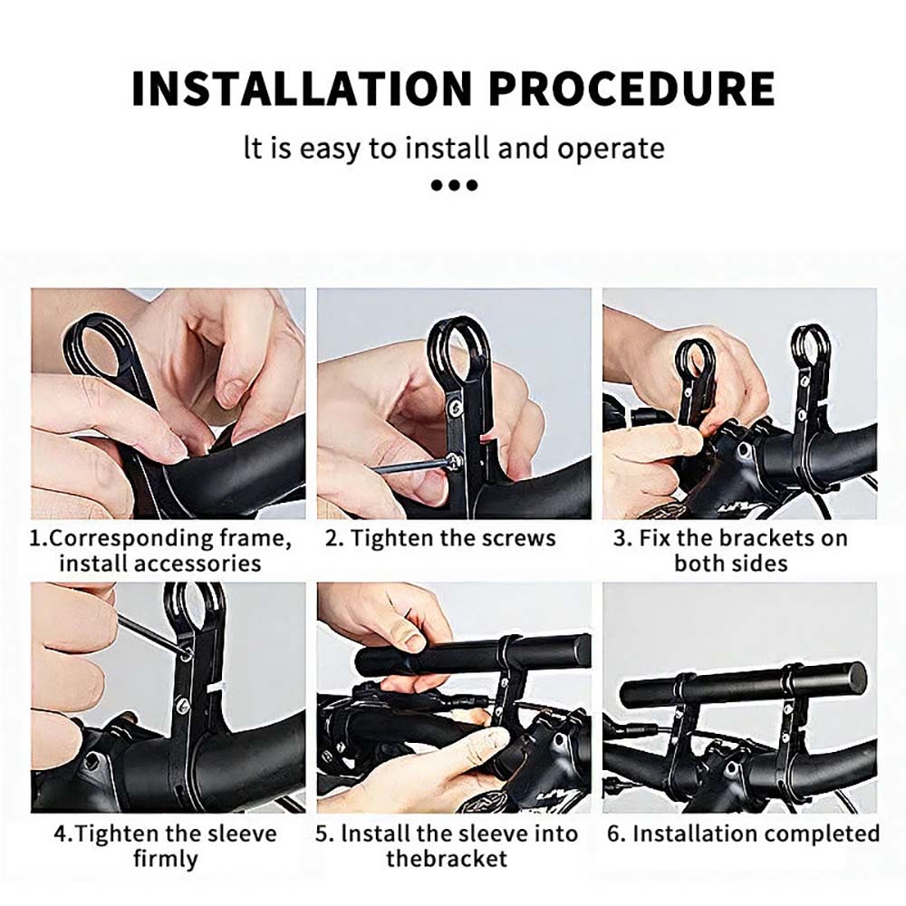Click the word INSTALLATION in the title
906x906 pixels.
tap(303, 88)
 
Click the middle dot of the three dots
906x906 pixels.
tap(454, 186)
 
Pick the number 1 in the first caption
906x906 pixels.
tap(36, 538)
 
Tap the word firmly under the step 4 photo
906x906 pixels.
tap(165, 859)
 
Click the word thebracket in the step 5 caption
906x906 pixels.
tap(447, 859)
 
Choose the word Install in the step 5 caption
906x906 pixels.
tap(373, 834)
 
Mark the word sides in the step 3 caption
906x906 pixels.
tap(762, 564)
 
